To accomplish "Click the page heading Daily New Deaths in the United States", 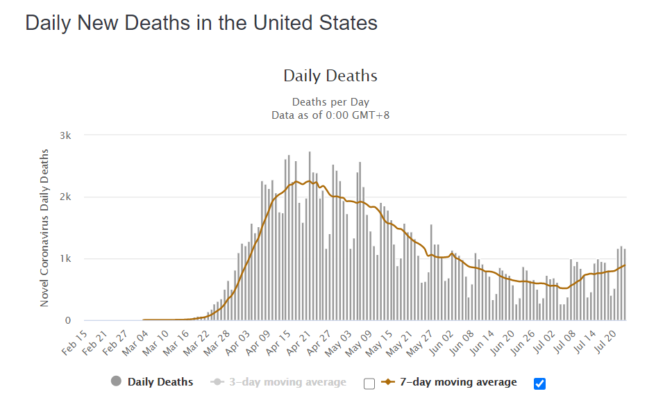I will [x=201, y=23].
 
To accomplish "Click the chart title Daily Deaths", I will [x=330, y=76].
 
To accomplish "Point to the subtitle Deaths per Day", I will [x=330, y=102].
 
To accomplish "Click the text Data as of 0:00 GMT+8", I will [x=330, y=115].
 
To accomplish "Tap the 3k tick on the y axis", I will [x=65, y=135].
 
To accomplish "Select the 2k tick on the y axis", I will [x=65, y=197].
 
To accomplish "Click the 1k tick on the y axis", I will [x=65, y=258].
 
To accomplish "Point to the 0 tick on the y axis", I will [x=68, y=320].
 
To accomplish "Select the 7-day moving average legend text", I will [x=458, y=382].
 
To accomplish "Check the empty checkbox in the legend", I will [x=369, y=383].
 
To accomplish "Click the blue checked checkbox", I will [x=540, y=383].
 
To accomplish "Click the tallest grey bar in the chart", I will [x=310, y=236].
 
